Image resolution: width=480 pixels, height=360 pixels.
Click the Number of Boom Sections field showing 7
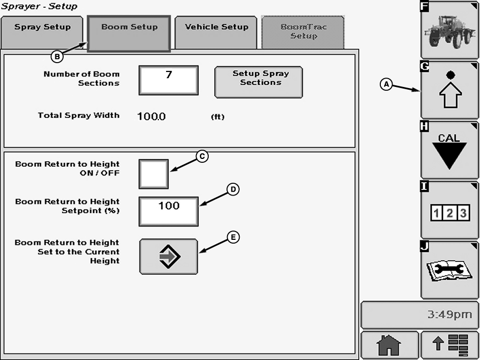(x=168, y=80)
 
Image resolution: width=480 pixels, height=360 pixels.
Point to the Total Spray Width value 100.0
(x=151, y=116)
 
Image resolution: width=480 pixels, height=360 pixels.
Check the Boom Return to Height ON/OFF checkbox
(x=153, y=174)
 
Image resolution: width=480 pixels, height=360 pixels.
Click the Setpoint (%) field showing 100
(x=168, y=211)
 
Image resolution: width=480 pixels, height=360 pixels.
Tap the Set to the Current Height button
(x=168, y=256)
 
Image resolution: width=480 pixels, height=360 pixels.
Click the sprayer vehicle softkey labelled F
(x=449, y=30)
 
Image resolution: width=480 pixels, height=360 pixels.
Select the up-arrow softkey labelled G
(x=449, y=90)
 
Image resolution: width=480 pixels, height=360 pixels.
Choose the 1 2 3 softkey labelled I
(x=449, y=210)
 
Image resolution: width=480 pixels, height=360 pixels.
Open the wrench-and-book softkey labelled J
(x=449, y=270)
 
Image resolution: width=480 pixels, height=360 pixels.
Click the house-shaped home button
(x=389, y=345)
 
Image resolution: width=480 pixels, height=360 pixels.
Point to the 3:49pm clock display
(x=449, y=315)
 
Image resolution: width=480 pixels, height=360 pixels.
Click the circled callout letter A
(x=386, y=84)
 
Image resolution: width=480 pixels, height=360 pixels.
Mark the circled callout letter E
(x=234, y=237)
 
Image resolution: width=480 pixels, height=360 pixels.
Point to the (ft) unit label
(x=218, y=117)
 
